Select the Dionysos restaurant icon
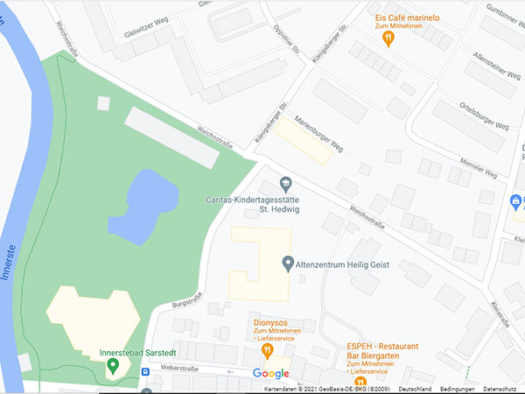(268, 352)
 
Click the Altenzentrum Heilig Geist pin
(289, 263)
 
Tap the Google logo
(270, 374)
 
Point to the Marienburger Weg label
(318, 132)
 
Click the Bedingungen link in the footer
(458, 389)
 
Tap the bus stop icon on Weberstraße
(145, 370)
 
